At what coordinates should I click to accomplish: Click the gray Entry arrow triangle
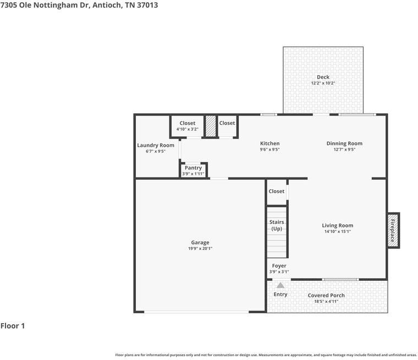280,285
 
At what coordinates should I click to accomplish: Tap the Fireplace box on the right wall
393,230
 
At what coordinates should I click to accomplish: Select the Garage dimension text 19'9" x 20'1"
200,248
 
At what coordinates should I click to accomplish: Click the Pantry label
193,168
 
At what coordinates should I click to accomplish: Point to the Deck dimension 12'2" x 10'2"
323,83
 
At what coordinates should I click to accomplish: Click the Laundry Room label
156,145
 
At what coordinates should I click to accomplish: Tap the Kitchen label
270,143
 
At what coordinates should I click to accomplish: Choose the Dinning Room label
344,143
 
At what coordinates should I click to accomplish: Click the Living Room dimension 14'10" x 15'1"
338,231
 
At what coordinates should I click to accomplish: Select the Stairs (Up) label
277,225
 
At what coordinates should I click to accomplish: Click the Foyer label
279,266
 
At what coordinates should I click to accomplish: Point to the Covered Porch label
326,295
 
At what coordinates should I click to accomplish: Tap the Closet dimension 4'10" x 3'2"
188,129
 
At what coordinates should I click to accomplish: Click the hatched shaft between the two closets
210,126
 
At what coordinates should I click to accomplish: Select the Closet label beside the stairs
277,191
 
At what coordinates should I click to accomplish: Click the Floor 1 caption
13,325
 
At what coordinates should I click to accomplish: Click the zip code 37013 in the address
147,5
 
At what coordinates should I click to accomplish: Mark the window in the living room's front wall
340,280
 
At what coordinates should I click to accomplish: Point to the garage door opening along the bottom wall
196,312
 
